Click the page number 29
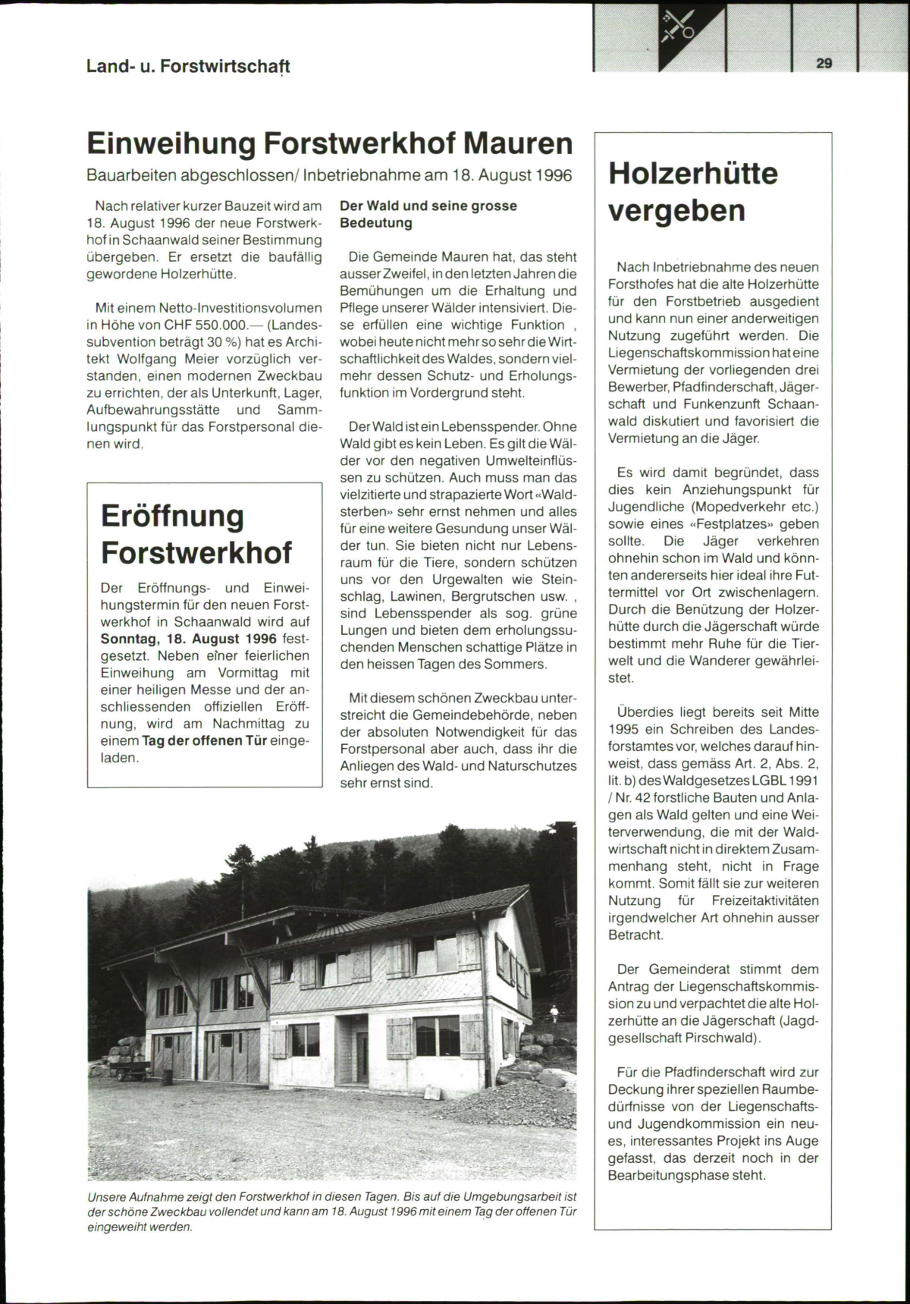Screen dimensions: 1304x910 824,64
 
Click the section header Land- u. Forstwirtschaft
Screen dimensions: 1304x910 188,66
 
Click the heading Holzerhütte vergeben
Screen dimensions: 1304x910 693,191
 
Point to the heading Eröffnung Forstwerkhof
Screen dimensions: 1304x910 196,533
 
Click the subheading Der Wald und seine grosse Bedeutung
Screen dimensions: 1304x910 428,214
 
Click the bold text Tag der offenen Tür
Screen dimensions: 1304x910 205,740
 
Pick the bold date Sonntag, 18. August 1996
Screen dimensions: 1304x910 189,639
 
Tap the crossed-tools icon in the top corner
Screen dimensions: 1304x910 677,26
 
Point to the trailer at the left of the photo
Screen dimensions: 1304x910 131,1070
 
